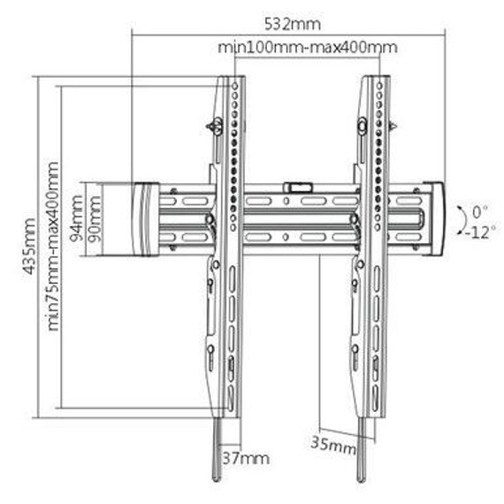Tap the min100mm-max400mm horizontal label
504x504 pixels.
point(308,47)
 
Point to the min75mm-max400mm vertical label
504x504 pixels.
point(54,246)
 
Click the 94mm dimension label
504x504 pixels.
point(78,222)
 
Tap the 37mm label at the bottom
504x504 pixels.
point(245,458)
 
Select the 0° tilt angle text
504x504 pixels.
point(479,212)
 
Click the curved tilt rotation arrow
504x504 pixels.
point(462,220)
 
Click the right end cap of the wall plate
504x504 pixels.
point(433,218)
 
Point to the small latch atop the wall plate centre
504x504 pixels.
point(297,187)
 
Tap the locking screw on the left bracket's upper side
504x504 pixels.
point(212,126)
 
